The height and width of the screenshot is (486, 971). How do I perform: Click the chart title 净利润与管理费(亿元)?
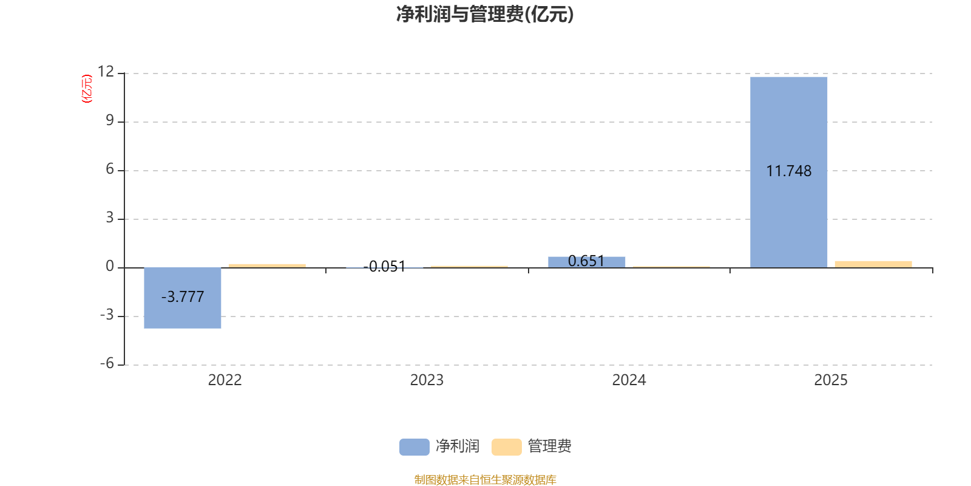pyautogui.click(x=485, y=15)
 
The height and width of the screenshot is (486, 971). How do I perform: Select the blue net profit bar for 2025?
pyautogui.click(x=788, y=173)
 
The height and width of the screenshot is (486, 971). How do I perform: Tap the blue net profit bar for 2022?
pyautogui.click(x=183, y=298)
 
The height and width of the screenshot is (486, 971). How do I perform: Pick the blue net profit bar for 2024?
pyautogui.click(x=586, y=262)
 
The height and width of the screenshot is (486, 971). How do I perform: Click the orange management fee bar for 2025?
pyautogui.click(x=873, y=264)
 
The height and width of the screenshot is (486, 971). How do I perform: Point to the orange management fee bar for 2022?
pyautogui.click(x=267, y=266)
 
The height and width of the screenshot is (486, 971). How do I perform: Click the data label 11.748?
pyautogui.click(x=788, y=171)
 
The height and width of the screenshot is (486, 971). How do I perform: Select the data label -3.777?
pyautogui.click(x=183, y=297)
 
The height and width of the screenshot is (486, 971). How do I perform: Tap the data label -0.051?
pyautogui.click(x=385, y=267)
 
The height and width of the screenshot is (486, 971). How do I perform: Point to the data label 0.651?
pyautogui.click(x=586, y=261)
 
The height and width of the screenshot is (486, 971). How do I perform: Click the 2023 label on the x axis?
pyautogui.click(x=427, y=380)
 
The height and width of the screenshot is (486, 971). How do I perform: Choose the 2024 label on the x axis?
pyautogui.click(x=629, y=380)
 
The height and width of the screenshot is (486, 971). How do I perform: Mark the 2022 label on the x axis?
pyautogui.click(x=225, y=380)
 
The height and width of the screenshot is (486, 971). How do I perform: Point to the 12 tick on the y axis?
pyautogui.click(x=106, y=72)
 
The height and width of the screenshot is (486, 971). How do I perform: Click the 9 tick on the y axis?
pyautogui.click(x=110, y=120)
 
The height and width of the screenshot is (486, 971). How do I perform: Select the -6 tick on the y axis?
pyautogui.click(x=107, y=363)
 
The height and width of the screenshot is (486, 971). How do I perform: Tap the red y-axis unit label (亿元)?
pyautogui.click(x=87, y=89)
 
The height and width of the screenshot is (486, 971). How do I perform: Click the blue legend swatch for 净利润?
pyautogui.click(x=414, y=447)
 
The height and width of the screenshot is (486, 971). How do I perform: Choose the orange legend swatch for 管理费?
pyautogui.click(x=506, y=447)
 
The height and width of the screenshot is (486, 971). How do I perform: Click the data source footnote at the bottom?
pyautogui.click(x=485, y=479)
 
